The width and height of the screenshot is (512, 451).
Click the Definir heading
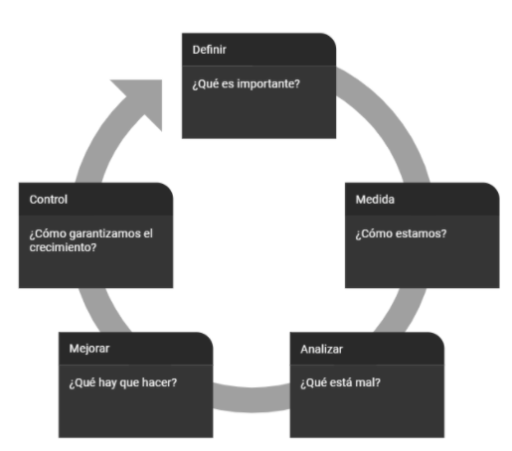pos(209,50)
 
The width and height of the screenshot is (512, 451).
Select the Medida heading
pos(375,200)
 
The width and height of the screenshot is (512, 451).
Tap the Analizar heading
pos(321,349)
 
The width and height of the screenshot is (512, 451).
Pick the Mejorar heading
pos(89,349)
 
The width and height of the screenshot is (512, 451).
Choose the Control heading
pos(49,200)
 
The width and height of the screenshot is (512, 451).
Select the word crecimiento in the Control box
pos(63,247)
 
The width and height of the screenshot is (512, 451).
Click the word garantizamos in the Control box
pos(104,234)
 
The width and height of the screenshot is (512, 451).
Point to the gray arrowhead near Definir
pos(143,100)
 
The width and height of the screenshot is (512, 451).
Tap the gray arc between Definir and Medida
pos(391,119)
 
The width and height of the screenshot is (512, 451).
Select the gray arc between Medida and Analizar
pos(402,311)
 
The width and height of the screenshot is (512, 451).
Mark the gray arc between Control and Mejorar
pos(102,311)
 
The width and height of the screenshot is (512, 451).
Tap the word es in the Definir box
pos(228,84)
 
